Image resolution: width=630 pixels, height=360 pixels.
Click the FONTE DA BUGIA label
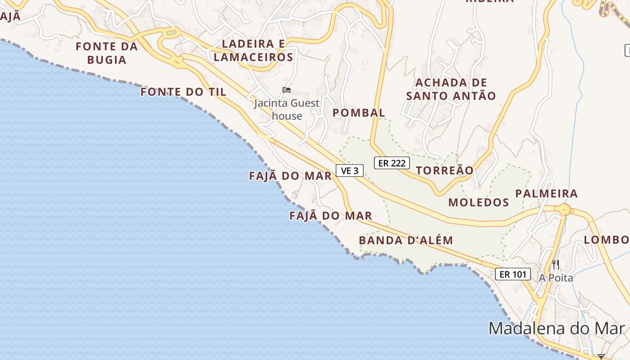107,53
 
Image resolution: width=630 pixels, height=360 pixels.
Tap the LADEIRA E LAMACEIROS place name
253,50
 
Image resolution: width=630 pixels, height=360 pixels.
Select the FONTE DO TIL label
183,92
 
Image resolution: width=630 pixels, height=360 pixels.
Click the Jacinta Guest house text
287,109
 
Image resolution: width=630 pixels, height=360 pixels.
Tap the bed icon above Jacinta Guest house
286,90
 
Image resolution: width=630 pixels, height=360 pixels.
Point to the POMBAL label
359,113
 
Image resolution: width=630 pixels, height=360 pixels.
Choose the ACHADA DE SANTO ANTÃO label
451,89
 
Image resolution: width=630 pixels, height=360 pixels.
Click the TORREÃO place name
445,171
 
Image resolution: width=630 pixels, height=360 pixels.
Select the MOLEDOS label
478,202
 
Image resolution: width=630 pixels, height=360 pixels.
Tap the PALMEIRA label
546,194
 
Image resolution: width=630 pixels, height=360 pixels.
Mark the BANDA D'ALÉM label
405,240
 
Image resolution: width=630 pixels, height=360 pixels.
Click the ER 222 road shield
391,163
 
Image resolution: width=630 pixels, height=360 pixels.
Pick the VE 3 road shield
350,171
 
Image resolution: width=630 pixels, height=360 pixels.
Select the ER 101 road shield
513,274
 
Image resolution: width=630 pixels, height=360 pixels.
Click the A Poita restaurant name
556,278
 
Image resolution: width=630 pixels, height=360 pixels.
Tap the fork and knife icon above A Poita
556,264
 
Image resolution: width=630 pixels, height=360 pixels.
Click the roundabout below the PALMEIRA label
563,210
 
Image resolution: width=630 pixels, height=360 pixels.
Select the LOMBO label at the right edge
607,240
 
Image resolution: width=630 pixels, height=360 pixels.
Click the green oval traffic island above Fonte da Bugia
171,32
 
